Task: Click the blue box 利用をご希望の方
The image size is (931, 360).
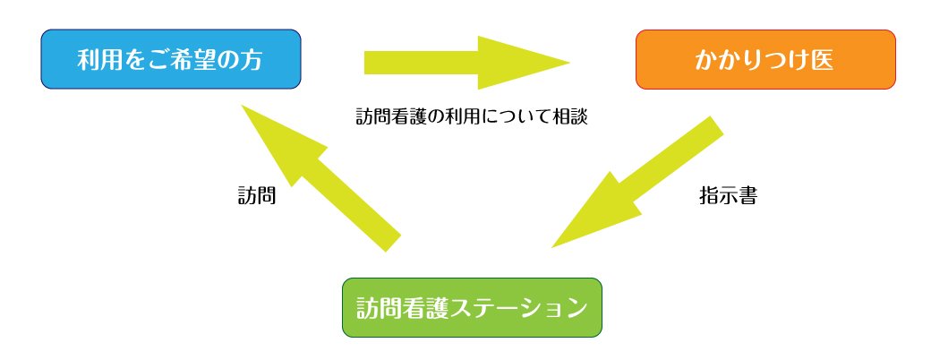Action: point(170,59)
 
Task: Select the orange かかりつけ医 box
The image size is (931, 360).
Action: point(764,59)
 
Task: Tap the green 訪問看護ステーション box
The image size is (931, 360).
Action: point(472,307)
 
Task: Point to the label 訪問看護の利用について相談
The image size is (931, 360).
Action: point(472,116)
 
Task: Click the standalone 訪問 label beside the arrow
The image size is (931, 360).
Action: point(256,196)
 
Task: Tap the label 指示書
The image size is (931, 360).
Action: point(728,196)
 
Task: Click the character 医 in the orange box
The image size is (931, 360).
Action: point(822,60)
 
